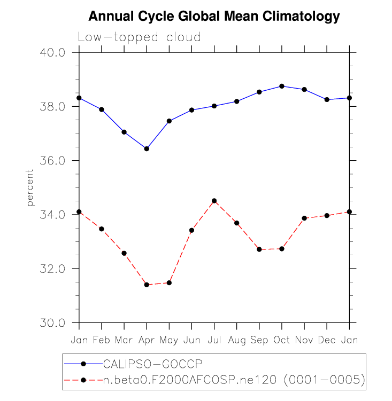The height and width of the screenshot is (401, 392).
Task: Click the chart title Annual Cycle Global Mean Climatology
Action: coord(214,17)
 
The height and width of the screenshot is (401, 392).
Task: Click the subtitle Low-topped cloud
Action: coord(139,37)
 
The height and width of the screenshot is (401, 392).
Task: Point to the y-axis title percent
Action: coord(30,187)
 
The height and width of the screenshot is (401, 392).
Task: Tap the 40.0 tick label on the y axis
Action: coord(53,52)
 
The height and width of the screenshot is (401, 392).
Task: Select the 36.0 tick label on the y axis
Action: coord(53,161)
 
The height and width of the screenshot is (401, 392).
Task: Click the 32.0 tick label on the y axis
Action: coord(53,269)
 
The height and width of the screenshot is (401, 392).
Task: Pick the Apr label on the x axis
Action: coord(147,340)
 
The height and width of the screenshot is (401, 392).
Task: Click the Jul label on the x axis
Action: coord(214,340)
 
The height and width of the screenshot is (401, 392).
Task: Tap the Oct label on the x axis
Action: coord(282,340)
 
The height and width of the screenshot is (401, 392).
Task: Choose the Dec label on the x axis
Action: coord(327,340)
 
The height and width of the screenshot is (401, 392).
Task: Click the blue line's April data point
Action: coord(147,148)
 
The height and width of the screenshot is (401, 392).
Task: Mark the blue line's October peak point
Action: coord(282,86)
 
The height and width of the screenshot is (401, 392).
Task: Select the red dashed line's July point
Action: coord(214,201)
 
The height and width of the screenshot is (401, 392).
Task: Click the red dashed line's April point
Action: coord(147,285)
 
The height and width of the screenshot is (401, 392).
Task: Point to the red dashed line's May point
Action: coord(169,282)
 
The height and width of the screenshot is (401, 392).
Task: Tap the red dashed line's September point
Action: coord(259,249)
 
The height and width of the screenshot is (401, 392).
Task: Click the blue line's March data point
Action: coord(124,132)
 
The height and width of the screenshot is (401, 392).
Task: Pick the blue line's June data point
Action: coord(191,110)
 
